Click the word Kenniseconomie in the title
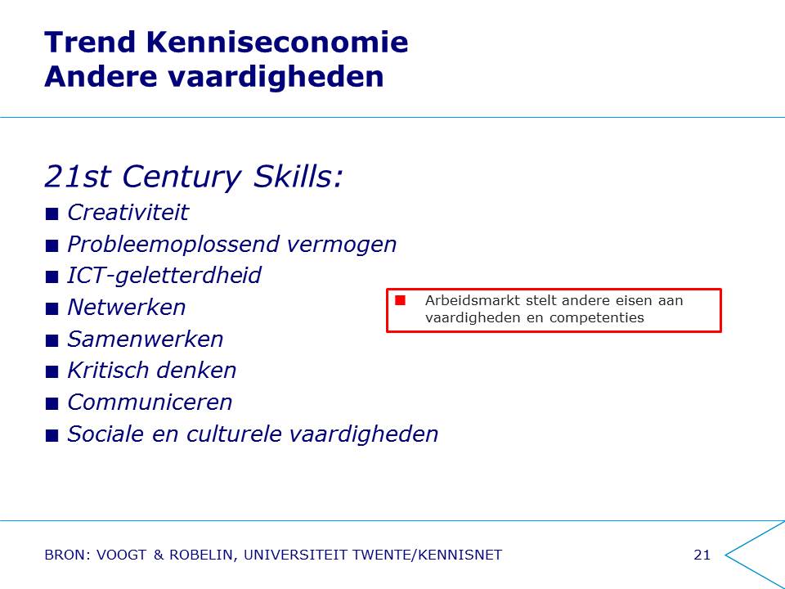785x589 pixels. pos(277,42)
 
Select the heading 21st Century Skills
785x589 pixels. pos(194,178)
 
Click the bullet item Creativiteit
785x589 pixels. pos(128,213)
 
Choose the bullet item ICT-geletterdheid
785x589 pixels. pos(164,276)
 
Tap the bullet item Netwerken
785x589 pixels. pos(127,307)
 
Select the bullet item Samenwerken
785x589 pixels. pos(146,339)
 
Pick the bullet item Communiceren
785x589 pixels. pos(150,402)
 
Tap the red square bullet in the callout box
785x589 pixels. pos(400,300)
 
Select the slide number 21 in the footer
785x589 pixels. pos(702,555)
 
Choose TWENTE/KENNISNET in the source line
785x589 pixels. pos(427,555)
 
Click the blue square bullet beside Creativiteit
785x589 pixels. pos(52,214)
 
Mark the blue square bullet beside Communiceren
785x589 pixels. pos(52,403)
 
